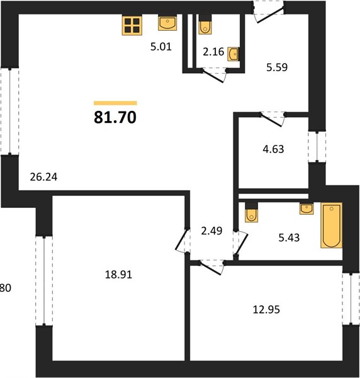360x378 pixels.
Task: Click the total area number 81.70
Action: pyautogui.click(x=115, y=117)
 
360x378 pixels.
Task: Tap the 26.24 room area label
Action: pyautogui.click(x=43, y=177)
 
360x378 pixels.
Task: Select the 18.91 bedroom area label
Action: pyautogui.click(x=118, y=275)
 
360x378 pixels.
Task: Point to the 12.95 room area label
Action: pyautogui.click(x=266, y=309)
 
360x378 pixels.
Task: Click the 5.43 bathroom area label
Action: pyautogui.click(x=289, y=238)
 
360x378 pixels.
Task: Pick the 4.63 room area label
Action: pyautogui.click(x=273, y=149)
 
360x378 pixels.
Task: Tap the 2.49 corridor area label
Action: pyautogui.click(x=211, y=231)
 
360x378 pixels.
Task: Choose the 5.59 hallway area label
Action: pyautogui.click(x=277, y=67)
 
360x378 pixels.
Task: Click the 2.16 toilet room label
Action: pyautogui.click(x=213, y=52)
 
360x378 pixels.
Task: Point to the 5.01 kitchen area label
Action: pyautogui.click(x=161, y=47)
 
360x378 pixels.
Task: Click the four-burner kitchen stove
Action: pyautogui.click(x=132, y=25)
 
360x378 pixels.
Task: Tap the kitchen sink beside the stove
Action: pyautogui.click(x=167, y=23)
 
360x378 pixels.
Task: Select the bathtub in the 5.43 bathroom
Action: pyautogui.click(x=331, y=226)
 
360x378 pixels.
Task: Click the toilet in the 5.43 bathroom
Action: pyautogui.click(x=251, y=212)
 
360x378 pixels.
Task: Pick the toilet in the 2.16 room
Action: pyautogui.click(x=205, y=25)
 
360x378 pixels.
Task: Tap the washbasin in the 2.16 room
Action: pyautogui.click(x=233, y=54)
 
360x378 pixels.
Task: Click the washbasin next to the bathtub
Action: pyautogui.click(x=307, y=209)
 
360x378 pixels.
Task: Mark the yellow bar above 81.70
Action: pyautogui.click(x=115, y=103)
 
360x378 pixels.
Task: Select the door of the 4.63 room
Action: pyautogui.click(x=272, y=119)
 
